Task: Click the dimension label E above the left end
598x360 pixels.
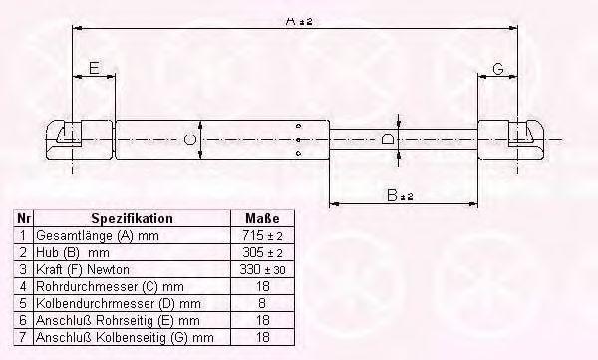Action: pos(94,68)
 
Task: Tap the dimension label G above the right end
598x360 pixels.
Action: pos(498,69)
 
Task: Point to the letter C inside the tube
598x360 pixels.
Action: pos(190,139)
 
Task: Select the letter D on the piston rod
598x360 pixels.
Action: pos(388,139)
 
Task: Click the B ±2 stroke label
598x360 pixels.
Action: pos(400,195)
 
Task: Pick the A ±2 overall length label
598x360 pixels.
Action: pos(299,21)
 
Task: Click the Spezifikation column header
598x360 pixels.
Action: pos(132,218)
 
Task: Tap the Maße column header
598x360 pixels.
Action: pos(262,218)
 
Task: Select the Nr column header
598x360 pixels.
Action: pos(24,218)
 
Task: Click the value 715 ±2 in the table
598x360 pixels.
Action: pos(262,236)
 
